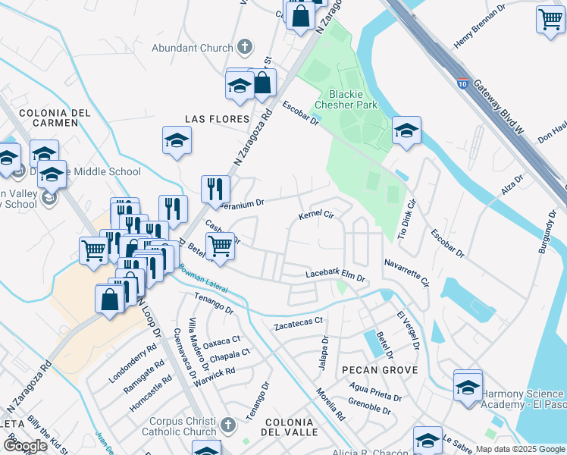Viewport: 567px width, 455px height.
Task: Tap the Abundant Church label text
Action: click(x=193, y=48)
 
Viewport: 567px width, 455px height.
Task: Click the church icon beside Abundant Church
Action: click(x=244, y=48)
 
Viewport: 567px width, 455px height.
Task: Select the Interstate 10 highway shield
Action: click(x=462, y=80)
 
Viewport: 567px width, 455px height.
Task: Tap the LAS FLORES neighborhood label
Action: click(x=218, y=119)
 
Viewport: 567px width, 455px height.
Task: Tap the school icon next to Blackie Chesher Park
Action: click(x=406, y=130)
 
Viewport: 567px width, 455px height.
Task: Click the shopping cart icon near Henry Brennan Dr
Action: click(x=550, y=19)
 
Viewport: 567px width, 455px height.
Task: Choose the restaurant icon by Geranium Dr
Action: click(x=215, y=187)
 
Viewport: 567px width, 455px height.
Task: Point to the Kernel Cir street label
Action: click(x=317, y=215)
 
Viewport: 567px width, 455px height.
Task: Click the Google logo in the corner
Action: click(x=25, y=446)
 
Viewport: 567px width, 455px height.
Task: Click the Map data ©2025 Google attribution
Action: click(x=519, y=449)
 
